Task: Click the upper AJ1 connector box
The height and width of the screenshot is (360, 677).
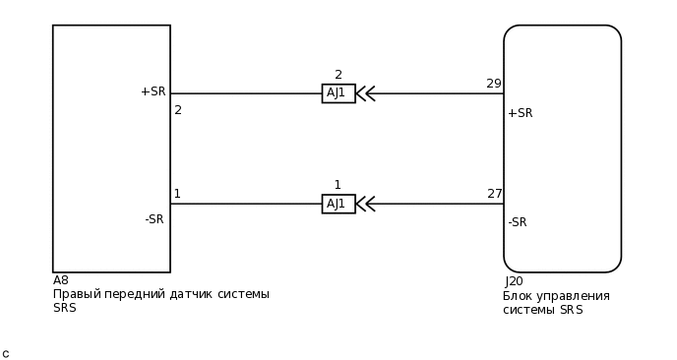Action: click(338, 93)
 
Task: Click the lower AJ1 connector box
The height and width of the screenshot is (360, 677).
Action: click(338, 204)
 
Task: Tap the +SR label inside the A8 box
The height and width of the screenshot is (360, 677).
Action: click(153, 91)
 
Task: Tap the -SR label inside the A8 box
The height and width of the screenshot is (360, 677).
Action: click(154, 219)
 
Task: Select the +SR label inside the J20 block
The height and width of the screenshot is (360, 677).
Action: click(520, 113)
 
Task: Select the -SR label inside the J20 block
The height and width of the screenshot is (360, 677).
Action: click(518, 222)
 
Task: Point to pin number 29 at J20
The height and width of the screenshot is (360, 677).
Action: click(494, 84)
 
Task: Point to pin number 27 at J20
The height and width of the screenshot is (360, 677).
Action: click(495, 194)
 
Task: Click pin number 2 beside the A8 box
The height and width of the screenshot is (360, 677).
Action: click(178, 110)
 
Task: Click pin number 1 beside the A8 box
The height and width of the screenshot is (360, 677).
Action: click(177, 194)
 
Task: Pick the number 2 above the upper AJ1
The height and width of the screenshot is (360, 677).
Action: click(338, 75)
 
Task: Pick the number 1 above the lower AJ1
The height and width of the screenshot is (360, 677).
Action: click(338, 185)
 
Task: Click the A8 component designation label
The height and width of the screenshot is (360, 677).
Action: click(61, 280)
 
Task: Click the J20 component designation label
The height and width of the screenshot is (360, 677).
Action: click(514, 281)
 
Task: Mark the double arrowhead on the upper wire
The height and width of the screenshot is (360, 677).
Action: click(365, 93)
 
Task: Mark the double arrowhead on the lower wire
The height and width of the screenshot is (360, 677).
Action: click(365, 204)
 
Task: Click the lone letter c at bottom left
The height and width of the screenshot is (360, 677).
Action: click(6, 354)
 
